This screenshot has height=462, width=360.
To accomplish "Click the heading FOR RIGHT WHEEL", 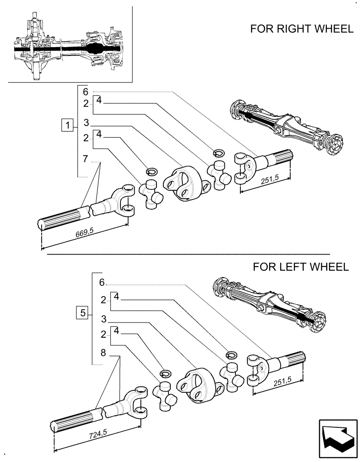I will [x=301, y=30].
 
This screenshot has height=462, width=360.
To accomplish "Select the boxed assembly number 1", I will [x=67, y=125].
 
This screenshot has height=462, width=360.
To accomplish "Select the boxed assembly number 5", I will [x=83, y=313].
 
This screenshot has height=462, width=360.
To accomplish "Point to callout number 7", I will [x=85, y=159].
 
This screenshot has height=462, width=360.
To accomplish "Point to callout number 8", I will [x=103, y=353].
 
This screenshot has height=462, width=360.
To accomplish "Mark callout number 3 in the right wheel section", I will [x=86, y=122].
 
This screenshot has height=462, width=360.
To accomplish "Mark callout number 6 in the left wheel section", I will [x=102, y=282].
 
